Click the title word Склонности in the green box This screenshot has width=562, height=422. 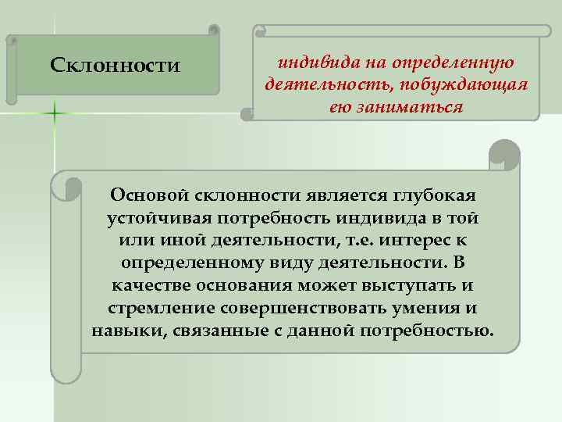(x=115, y=64)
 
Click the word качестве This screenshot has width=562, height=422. (x=152, y=284)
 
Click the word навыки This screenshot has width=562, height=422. (x=122, y=330)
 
